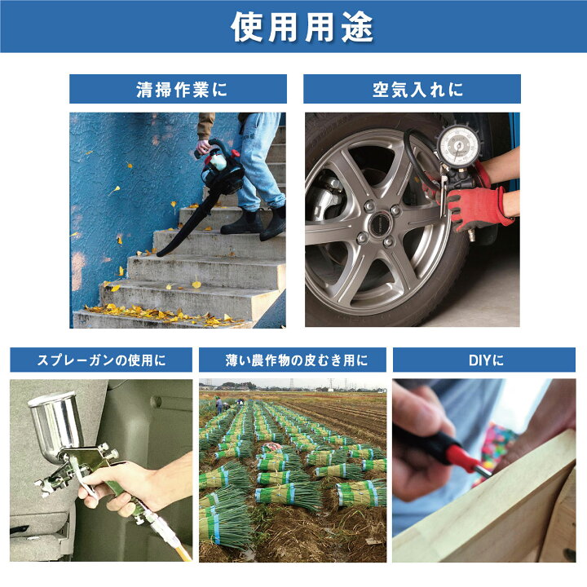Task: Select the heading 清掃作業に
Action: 178,90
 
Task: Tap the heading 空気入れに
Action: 412,90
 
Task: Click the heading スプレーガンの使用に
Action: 101,360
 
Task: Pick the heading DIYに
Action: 483,360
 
